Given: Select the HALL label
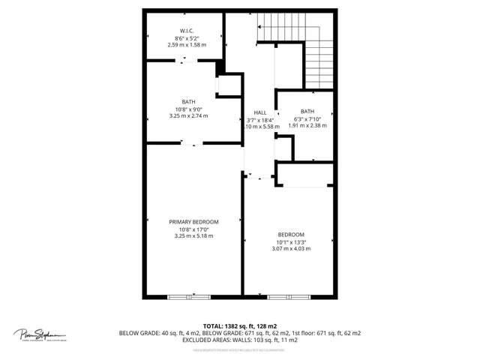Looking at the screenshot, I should pos(260,112).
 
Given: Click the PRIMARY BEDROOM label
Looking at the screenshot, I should pos(193,222).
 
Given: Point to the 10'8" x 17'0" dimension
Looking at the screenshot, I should pos(193,229).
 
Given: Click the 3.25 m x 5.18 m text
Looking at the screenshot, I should pos(193,236).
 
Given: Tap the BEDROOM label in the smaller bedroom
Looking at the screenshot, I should pos(291,235).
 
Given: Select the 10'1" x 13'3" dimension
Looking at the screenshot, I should pos(291,241).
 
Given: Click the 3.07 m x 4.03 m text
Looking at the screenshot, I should pos(291,249).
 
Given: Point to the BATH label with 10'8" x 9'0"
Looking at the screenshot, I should pos(188,102).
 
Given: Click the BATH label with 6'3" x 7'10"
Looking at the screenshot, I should pos(307,112).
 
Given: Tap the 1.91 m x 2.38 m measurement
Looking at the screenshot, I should pos(307,126).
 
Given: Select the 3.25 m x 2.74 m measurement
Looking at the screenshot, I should pos(188,116).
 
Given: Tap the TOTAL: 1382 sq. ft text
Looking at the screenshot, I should pos(239,326).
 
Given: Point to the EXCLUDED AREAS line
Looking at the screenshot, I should pos(239,340).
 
